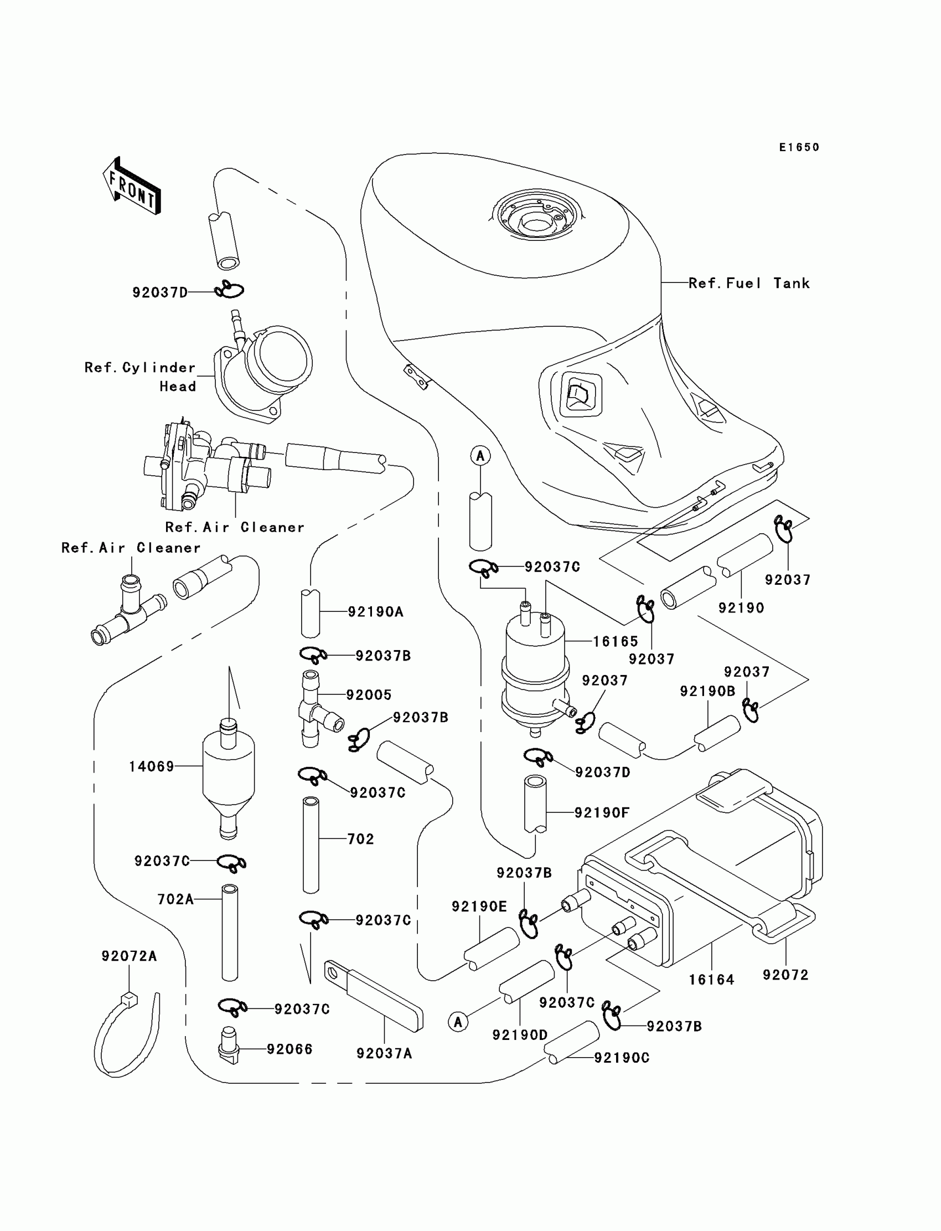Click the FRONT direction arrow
point(132,186)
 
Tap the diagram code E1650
point(799,147)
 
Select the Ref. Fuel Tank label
point(749,284)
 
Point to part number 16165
point(616,642)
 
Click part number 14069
point(152,766)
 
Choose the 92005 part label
point(369,695)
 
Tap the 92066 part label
point(289,1049)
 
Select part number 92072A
point(129,956)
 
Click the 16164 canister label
point(711,980)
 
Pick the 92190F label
point(602,812)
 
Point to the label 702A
point(175,899)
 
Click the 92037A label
point(384,1054)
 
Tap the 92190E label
point(479,906)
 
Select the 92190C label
point(621,1058)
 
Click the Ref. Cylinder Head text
point(140,377)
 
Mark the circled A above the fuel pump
point(480,456)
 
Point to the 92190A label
point(375,612)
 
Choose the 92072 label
point(785,975)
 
